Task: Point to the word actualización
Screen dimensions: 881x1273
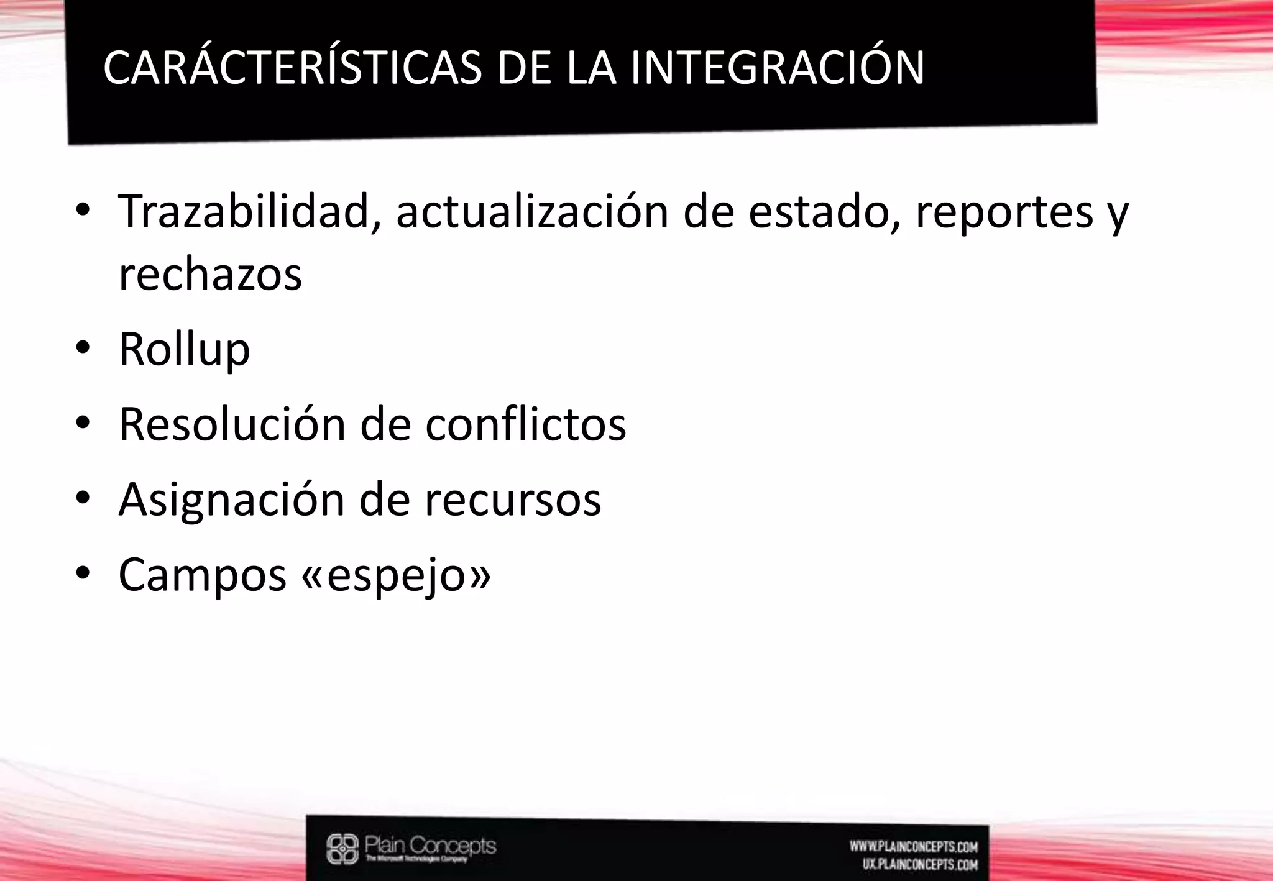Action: pos(532,212)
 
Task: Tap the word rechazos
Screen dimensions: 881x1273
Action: pos(210,275)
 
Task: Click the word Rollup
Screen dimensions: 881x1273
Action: pos(184,350)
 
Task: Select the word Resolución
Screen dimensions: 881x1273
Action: pos(232,425)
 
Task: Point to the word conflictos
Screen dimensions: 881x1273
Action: pos(525,425)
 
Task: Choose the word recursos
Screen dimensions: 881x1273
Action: pos(512,500)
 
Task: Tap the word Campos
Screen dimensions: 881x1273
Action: pos(202,575)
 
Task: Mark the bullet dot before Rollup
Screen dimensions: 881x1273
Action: pos(83,349)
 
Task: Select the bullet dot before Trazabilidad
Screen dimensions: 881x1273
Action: pos(83,211)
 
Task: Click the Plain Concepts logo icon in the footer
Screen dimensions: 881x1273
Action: pos(342,849)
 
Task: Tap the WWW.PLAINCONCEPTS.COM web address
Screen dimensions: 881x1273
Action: pos(913,846)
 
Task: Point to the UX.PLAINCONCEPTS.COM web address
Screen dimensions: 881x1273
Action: pos(920,864)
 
